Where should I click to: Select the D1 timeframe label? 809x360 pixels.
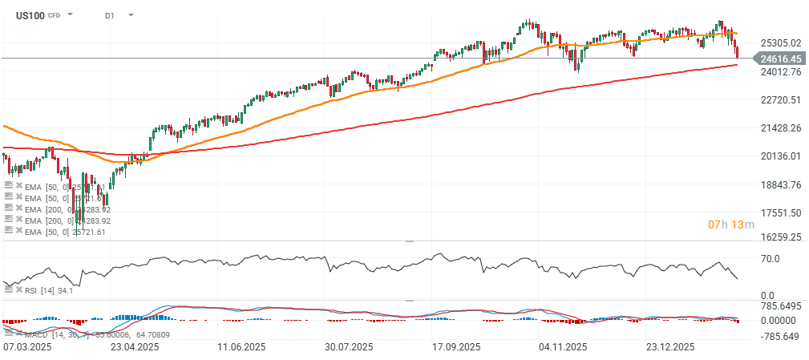pyautogui.click(x=110, y=15)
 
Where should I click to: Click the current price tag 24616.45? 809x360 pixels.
pyautogui.click(x=780, y=59)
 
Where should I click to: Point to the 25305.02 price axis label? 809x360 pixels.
pyautogui.click(x=779, y=43)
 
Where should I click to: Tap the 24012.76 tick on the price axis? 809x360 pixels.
pyautogui.click(x=779, y=71)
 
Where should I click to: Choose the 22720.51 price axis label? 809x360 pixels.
pyautogui.click(x=779, y=99)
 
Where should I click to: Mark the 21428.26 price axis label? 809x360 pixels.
pyautogui.click(x=779, y=127)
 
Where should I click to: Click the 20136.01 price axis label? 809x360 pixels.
pyautogui.click(x=779, y=156)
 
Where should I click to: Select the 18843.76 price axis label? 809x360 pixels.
pyautogui.click(x=779, y=184)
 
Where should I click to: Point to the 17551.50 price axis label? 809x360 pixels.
pyautogui.click(x=779, y=212)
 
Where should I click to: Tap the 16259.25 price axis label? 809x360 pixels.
pyautogui.click(x=779, y=237)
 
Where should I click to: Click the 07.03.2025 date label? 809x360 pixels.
pyautogui.click(x=29, y=347)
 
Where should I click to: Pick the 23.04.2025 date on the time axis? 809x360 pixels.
pyautogui.click(x=133, y=347)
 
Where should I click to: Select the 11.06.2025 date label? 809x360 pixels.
pyautogui.click(x=242, y=347)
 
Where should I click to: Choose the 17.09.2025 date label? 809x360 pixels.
pyautogui.click(x=455, y=347)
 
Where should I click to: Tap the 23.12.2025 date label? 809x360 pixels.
pyautogui.click(x=670, y=347)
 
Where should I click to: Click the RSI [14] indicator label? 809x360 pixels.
pyautogui.click(x=35, y=289)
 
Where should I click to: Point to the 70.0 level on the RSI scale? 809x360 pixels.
pyautogui.click(x=770, y=259)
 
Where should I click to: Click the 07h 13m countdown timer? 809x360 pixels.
pyautogui.click(x=731, y=224)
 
